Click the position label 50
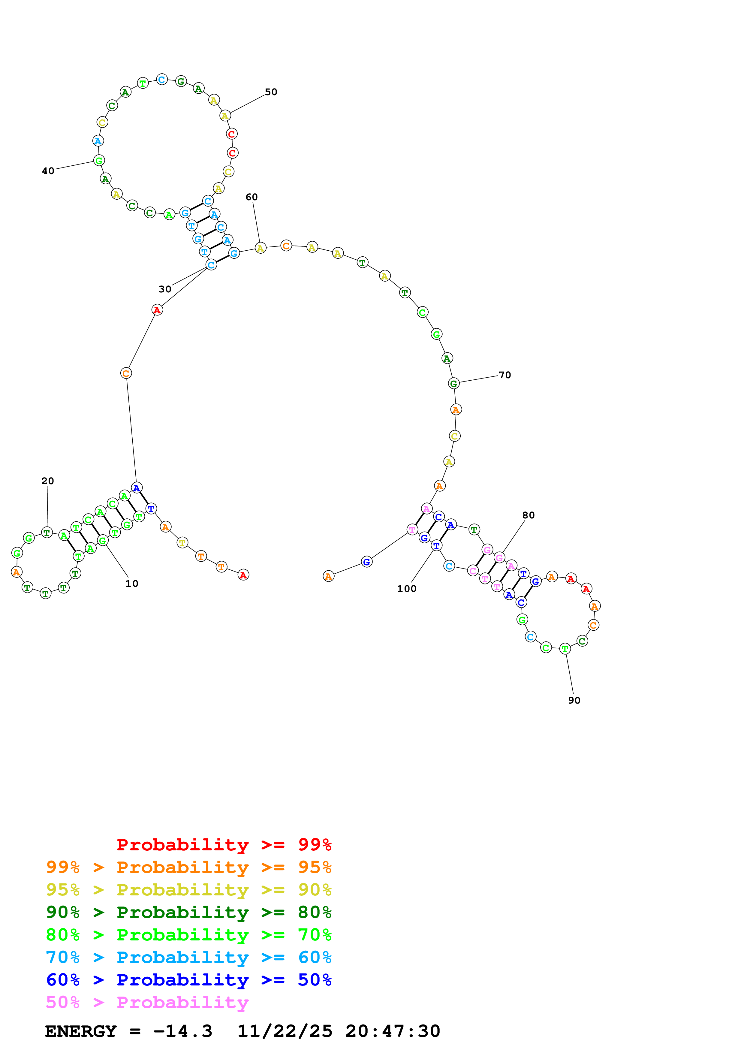(271, 92)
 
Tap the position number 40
(48, 171)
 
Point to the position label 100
(407, 589)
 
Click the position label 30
(165, 289)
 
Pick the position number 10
(132, 584)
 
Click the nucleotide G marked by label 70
(454, 383)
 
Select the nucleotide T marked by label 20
(47, 533)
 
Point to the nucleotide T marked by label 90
(565, 649)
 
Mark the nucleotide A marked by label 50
(224, 116)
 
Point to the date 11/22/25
(285, 1031)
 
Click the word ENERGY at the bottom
(81, 1031)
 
